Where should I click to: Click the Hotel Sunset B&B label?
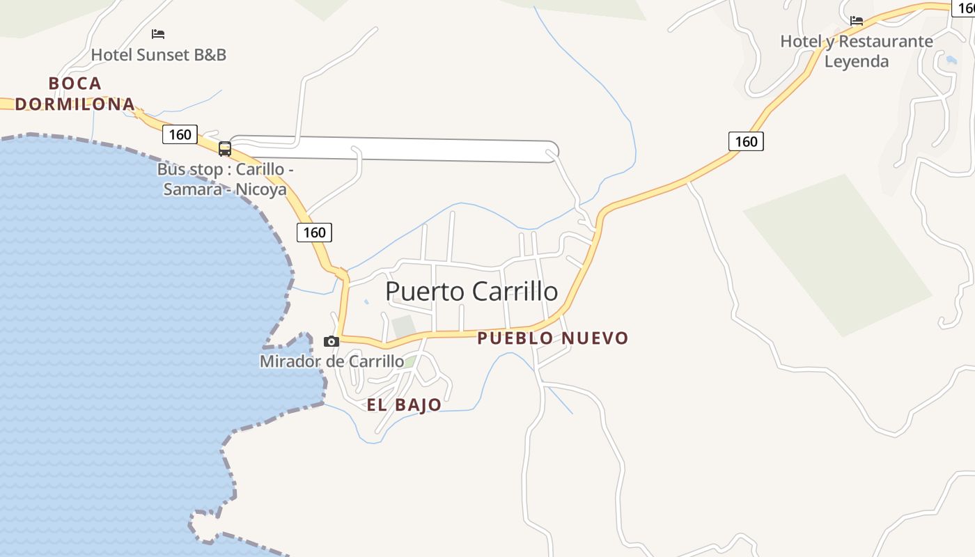pos(159,54)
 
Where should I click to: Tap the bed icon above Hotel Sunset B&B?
pos(158,33)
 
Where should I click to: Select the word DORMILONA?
pos(75,104)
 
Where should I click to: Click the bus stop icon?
pos(224,148)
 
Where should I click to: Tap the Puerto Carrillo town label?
pos(471,291)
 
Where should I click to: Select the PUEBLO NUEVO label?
pos(552,338)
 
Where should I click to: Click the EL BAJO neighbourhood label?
pos(404,405)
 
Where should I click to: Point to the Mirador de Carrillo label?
pos(331,361)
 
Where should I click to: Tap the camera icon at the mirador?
pos(331,341)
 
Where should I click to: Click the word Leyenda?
pos(856,61)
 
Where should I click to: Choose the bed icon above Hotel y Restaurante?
pos(856,21)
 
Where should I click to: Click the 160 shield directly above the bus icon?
pos(180,134)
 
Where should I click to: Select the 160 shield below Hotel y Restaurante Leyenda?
pos(746,141)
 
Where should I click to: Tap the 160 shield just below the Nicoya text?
pos(314,233)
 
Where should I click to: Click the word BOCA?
pos(75,84)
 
